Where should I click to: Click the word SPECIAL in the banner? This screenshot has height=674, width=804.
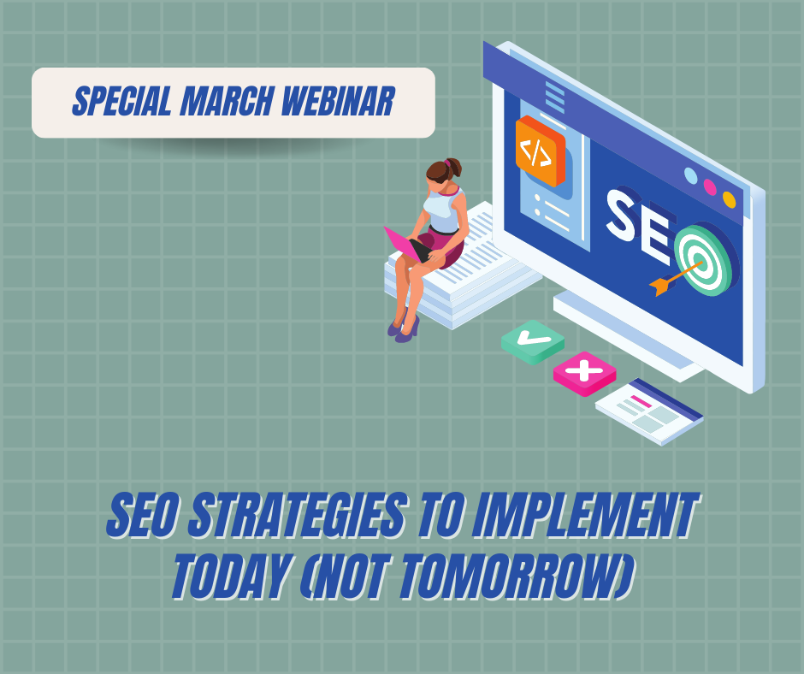point(121,101)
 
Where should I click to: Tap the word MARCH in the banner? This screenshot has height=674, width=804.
point(226,101)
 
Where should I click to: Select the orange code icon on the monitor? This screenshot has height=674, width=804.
point(540,151)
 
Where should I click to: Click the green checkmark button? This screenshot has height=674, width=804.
point(533,342)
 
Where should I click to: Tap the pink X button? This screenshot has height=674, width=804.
point(584,374)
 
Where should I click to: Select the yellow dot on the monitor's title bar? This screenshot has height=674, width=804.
point(729,199)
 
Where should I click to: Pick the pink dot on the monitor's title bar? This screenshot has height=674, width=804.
point(710,187)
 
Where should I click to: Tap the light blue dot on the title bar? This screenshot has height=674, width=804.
point(691,176)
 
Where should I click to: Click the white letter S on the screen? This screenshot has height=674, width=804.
point(622,215)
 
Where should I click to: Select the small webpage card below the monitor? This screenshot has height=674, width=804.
point(649,412)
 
